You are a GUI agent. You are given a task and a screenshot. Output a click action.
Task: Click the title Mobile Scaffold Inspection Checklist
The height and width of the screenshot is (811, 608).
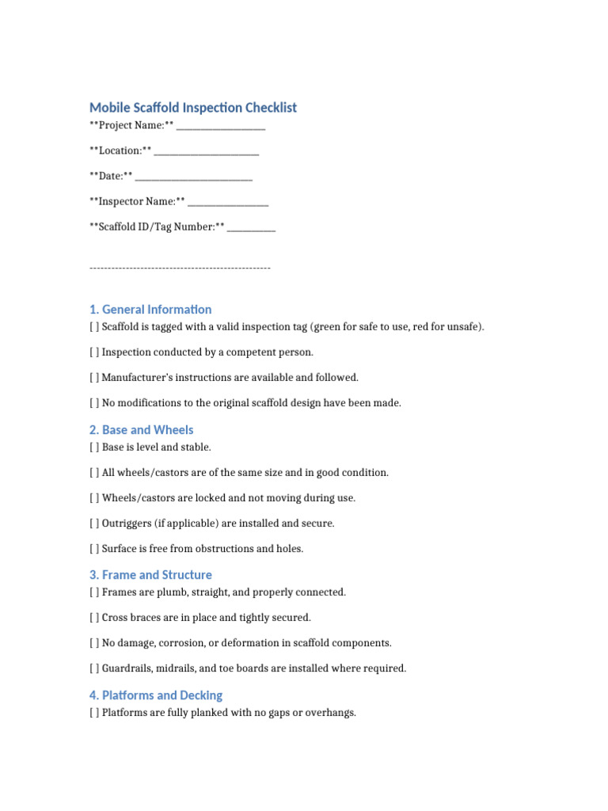193,108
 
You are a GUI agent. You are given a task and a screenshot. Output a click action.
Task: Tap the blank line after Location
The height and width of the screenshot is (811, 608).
207,152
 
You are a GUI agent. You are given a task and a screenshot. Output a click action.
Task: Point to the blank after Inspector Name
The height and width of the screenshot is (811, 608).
228,203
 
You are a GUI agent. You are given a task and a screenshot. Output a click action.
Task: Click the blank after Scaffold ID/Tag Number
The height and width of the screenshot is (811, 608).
252,228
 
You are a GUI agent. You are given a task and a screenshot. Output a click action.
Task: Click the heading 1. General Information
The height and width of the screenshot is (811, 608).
150,310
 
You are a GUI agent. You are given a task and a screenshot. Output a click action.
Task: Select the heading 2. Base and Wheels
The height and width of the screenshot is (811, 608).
141,430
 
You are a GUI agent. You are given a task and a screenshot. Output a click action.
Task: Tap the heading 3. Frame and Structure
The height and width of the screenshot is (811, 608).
150,575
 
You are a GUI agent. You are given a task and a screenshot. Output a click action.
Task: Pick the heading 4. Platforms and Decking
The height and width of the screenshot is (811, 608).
156,695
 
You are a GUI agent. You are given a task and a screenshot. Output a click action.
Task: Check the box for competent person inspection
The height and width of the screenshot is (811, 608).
94,352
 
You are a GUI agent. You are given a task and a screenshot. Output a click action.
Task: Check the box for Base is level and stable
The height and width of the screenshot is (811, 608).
94,447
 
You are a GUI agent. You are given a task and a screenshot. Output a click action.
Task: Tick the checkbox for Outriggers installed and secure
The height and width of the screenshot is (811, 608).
94,524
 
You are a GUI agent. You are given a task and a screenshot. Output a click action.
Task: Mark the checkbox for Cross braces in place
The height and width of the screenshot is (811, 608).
94,618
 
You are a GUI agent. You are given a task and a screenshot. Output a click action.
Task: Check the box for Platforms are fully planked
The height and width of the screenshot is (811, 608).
94,713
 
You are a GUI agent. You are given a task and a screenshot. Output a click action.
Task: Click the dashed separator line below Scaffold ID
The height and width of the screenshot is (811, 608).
180,268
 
